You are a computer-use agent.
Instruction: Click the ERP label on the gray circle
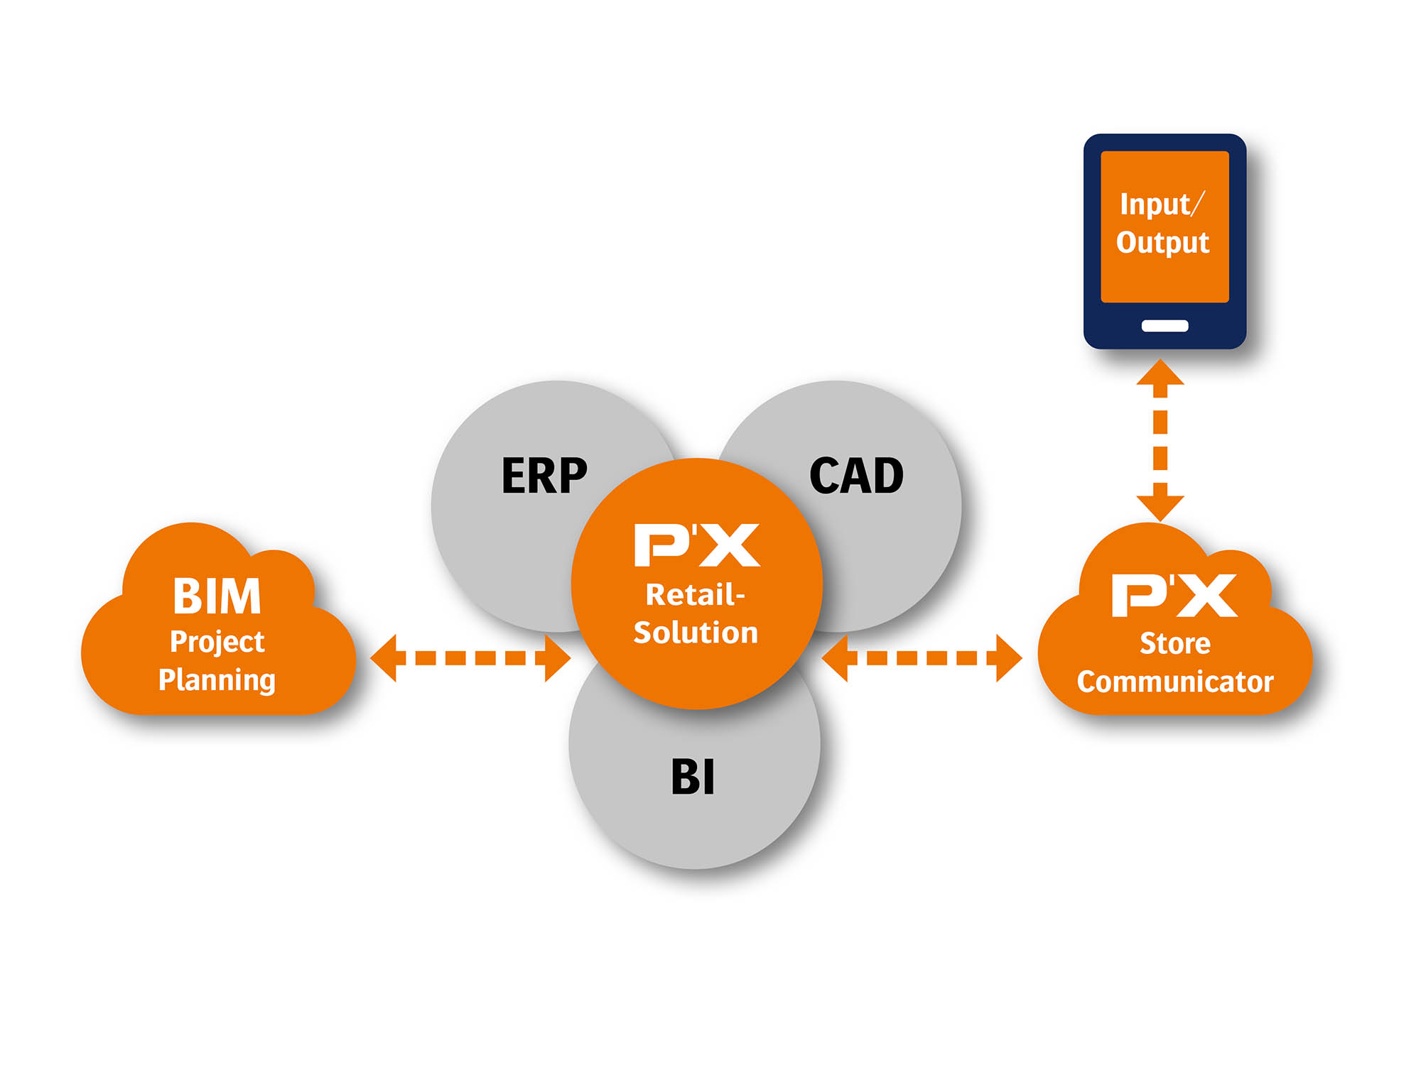[544, 476]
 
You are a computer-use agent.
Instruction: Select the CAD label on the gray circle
[856, 476]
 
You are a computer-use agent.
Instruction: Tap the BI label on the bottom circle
[693, 777]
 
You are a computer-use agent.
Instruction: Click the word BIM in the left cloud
[217, 596]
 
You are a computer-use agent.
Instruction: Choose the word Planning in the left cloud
[217, 680]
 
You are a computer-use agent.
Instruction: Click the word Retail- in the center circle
[695, 595]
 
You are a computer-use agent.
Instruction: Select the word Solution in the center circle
[696, 633]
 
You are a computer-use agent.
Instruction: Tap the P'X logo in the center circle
[697, 545]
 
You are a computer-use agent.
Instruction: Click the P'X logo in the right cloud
[1174, 595]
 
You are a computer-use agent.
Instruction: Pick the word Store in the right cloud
[1175, 643]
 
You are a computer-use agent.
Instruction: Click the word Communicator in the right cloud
[1175, 682]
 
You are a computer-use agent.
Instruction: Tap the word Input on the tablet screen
[1155, 204]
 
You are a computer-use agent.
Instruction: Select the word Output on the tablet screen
[1162, 243]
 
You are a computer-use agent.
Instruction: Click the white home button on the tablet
[1165, 326]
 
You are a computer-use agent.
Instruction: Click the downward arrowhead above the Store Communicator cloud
[1160, 506]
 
